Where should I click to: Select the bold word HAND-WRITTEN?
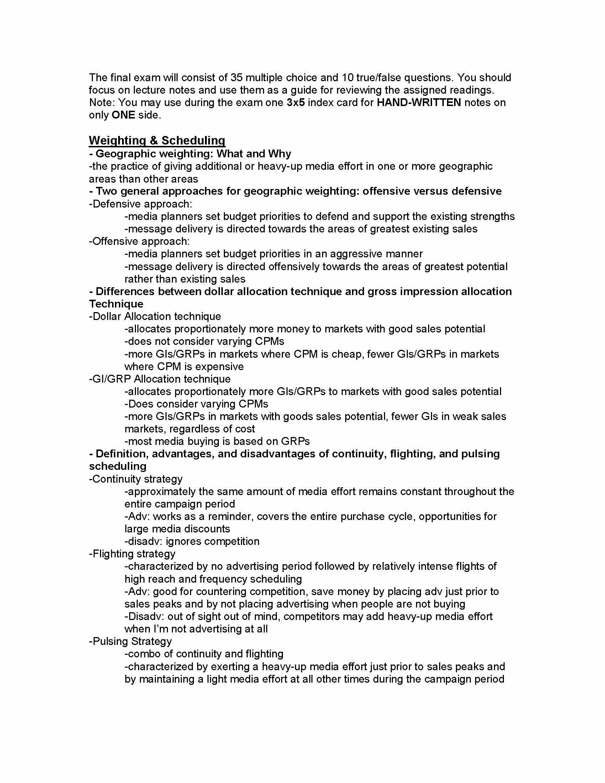click(x=419, y=103)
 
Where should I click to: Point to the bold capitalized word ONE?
click(x=123, y=115)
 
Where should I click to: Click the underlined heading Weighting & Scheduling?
click(x=157, y=140)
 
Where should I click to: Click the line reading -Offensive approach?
click(x=140, y=241)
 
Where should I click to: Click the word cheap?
click(x=340, y=354)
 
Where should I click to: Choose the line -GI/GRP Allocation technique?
click(x=160, y=379)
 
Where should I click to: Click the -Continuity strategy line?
click(x=136, y=479)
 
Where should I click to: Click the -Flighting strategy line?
click(x=132, y=554)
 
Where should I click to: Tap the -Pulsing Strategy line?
click(x=131, y=641)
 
